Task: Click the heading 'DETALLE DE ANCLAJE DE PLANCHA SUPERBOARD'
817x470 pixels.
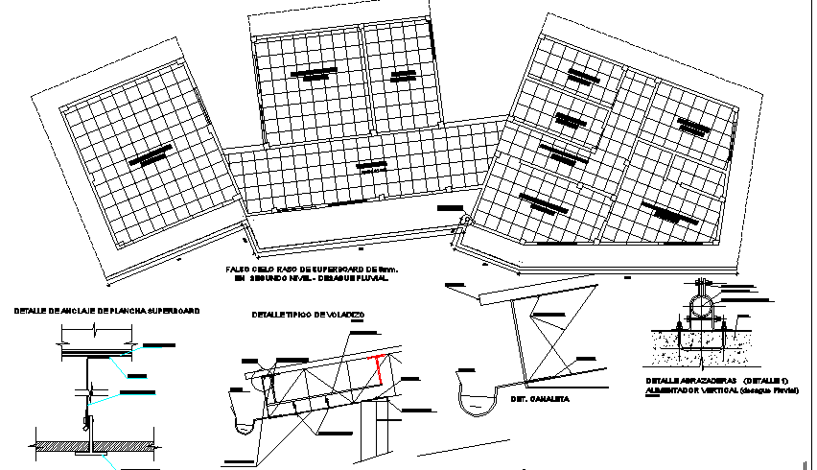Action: (x=106, y=311)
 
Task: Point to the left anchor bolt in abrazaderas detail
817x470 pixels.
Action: (x=678, y=330)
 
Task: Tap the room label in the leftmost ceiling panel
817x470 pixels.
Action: (x=151, y=155)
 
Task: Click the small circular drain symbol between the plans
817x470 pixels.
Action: (x=466, y=222)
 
